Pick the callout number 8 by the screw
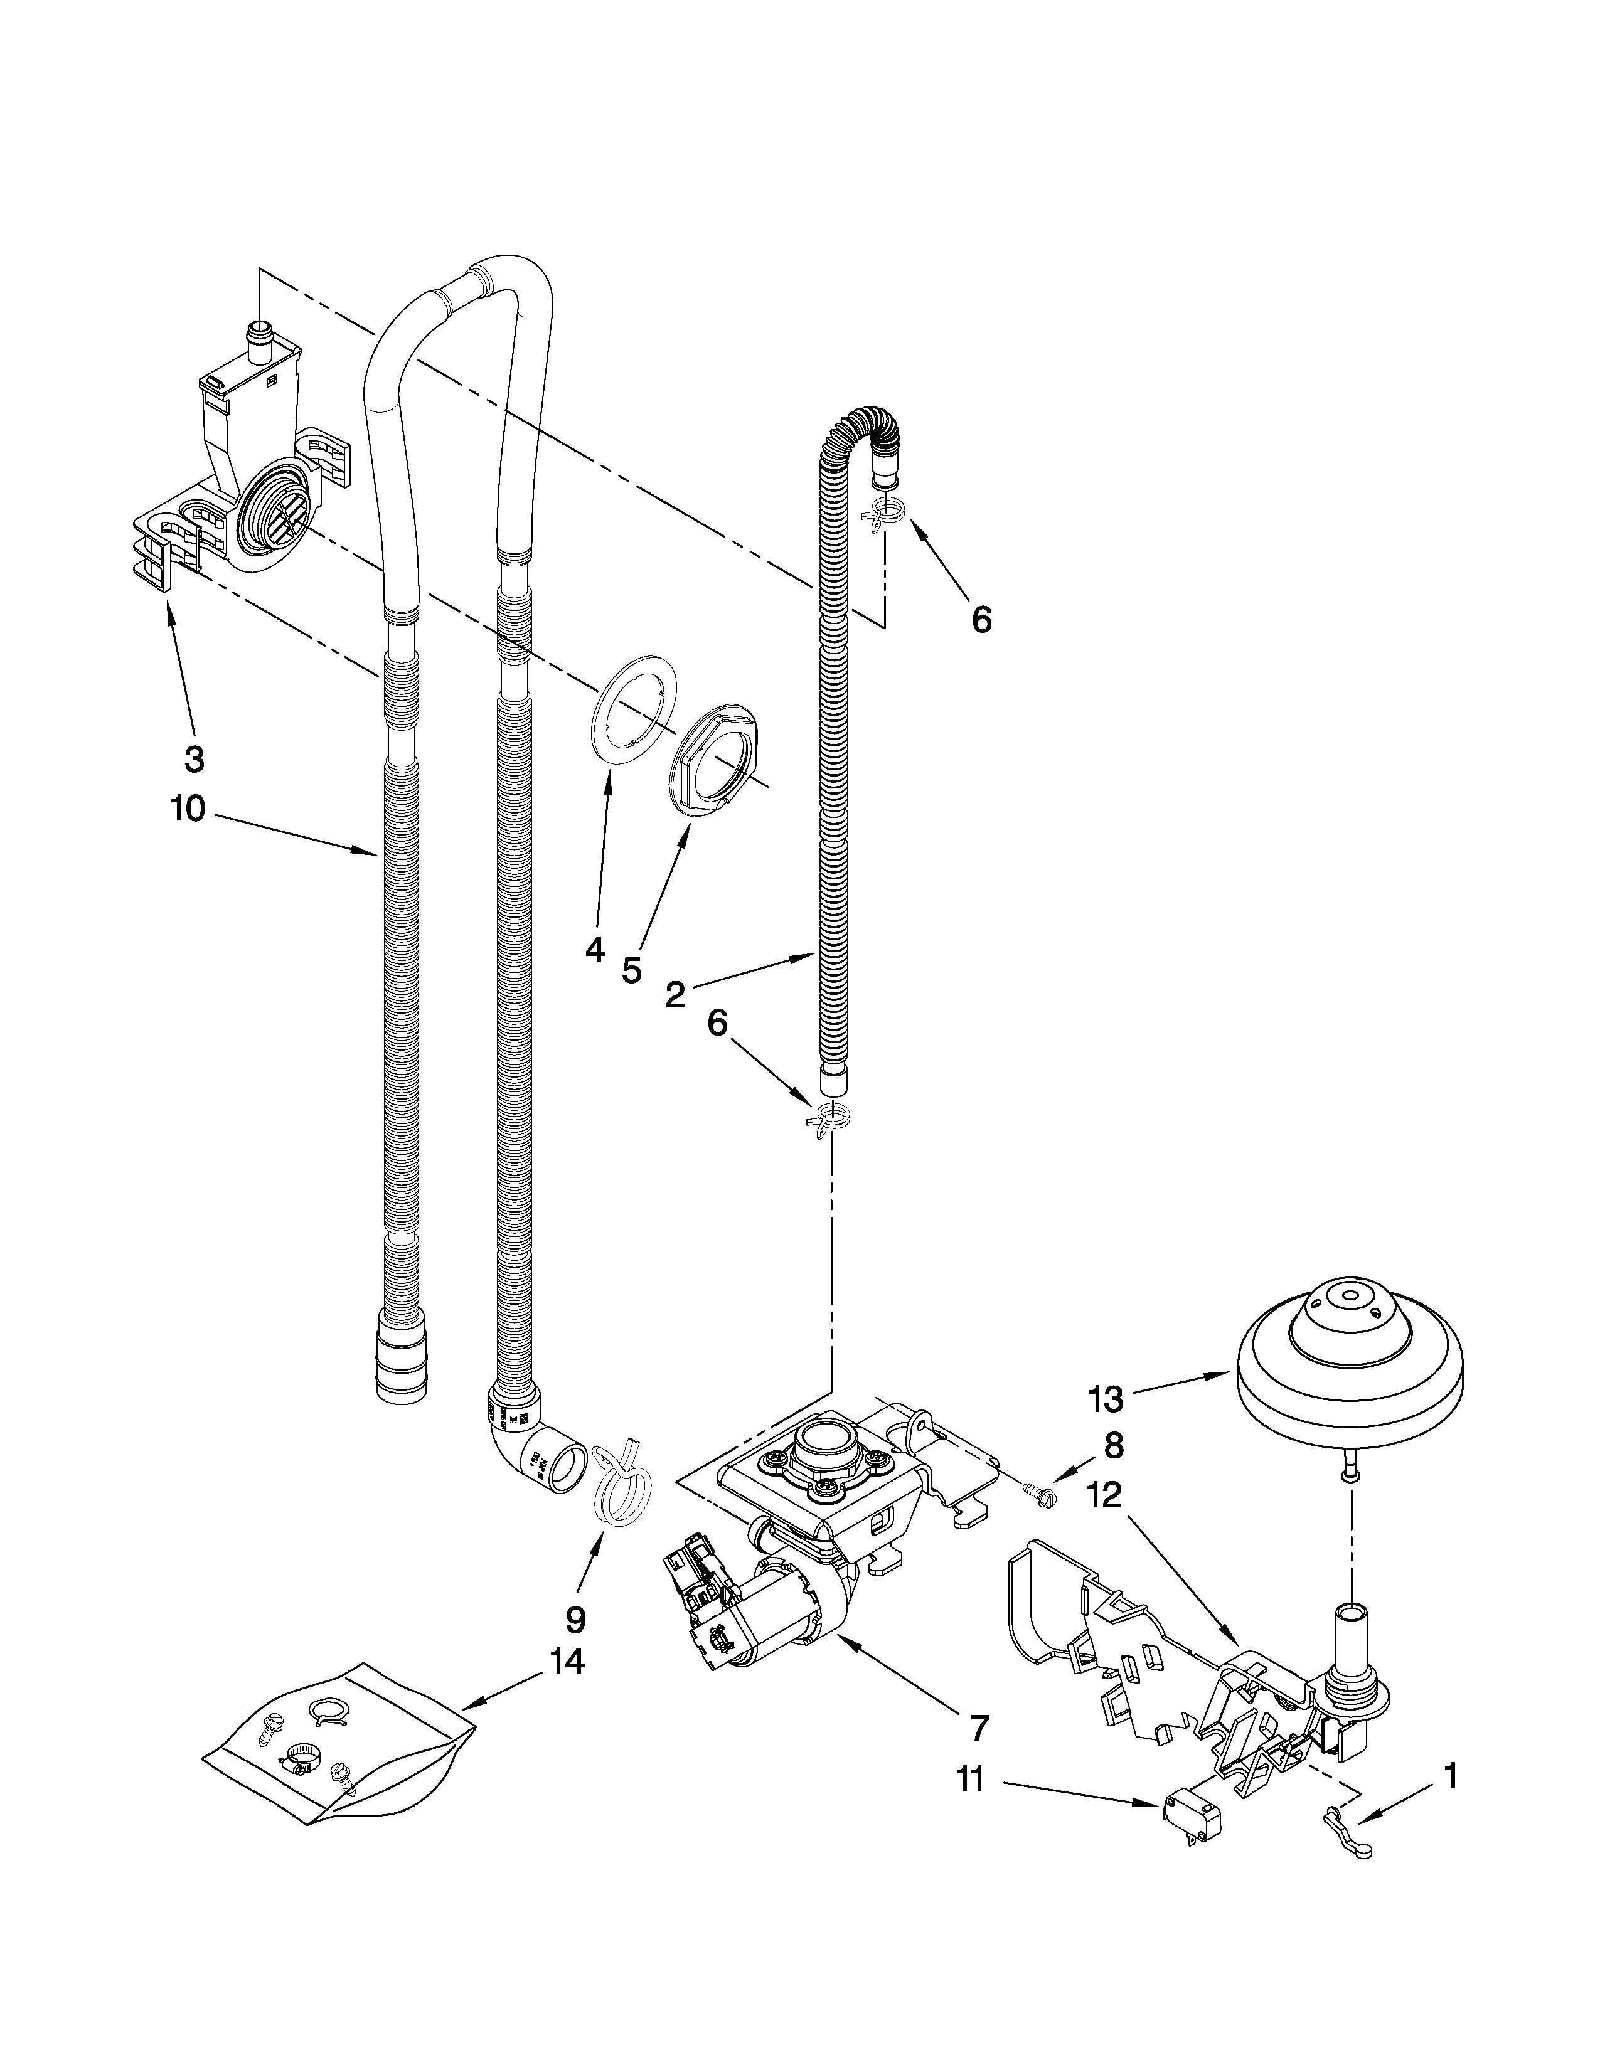point(1113,1445)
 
